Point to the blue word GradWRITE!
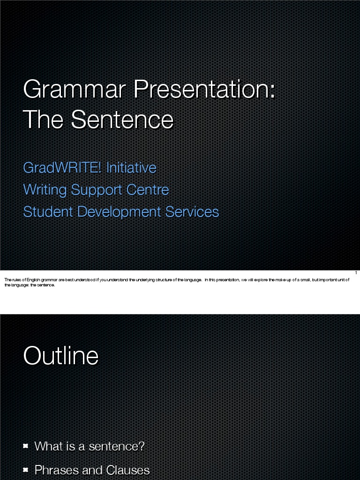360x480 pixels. click(x=62, y=167)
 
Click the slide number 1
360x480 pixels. click(x=356, y=273)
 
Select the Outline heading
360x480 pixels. click(x=61, y=356)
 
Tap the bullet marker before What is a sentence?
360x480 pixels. click(x=26, y=446)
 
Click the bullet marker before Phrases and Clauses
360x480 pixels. click(x=26, y=470)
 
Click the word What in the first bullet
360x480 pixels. click(x=48, y=446)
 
